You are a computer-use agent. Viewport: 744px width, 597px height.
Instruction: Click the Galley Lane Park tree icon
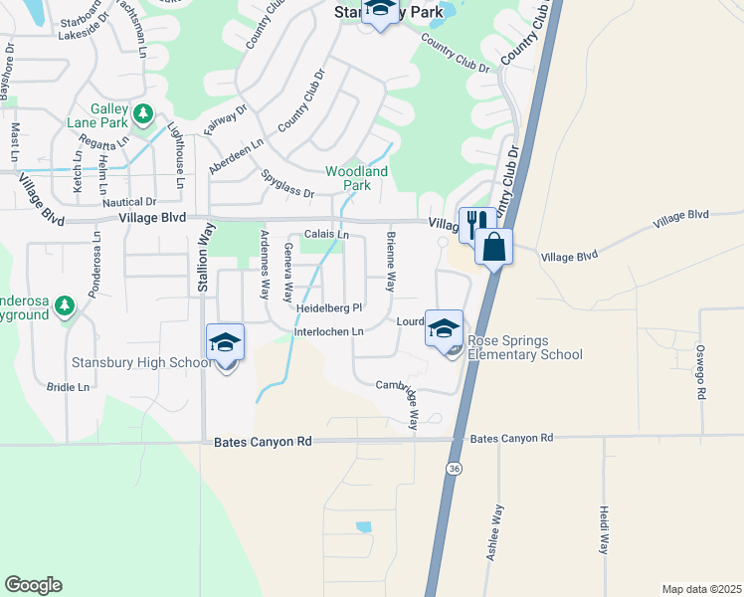pos(143,113)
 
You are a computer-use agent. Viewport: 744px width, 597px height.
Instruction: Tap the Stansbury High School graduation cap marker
pos(225,343)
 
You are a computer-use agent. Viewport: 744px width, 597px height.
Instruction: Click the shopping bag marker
pos(493,245)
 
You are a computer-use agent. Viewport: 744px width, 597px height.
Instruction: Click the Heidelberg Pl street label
pos(328,308)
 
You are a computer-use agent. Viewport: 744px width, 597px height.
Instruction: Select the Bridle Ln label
pos(68,386)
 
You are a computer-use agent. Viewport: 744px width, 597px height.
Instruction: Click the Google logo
pos(33,585)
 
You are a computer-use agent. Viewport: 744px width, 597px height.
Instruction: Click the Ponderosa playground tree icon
pos(66,303)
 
